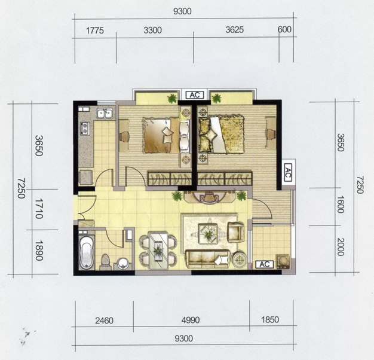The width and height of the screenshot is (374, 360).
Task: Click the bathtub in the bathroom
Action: (86, 252)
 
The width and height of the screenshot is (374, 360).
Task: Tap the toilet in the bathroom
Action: (106, 261)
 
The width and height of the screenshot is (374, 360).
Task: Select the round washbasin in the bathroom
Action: (123, 263)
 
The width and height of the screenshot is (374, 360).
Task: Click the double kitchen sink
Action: (105, 113)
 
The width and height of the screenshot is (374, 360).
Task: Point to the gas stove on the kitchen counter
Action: (85, 129)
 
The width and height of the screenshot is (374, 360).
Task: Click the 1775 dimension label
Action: (94, 30)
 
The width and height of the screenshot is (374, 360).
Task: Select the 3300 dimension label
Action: (153, 30)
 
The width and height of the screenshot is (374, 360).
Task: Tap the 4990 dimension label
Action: (191, 320)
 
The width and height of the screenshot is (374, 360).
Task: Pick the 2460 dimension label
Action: (104, 321)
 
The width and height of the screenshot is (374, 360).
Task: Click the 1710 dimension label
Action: (39, 209)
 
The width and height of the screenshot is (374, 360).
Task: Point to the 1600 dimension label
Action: (341, 205)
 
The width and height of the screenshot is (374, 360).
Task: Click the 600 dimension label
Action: (284, 29)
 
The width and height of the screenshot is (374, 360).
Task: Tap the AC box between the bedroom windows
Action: (195, 94)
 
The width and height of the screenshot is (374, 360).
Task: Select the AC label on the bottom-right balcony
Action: (264, 264)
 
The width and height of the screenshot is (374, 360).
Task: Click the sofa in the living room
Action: (207, 259)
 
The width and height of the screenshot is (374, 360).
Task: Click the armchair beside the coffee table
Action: (236, 232)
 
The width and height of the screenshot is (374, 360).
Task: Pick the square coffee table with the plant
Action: (209, 234)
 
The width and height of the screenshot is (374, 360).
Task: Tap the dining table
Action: (158, 251)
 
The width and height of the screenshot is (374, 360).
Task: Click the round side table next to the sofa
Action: (240, 259)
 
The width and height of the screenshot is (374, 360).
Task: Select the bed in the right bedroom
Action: (222, 135)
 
